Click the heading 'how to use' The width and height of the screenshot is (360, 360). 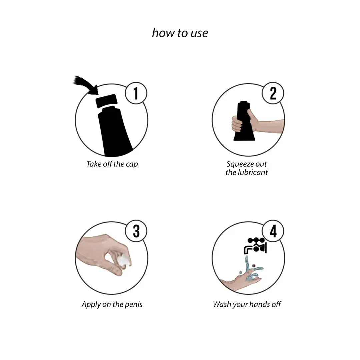click(x=180, y=33)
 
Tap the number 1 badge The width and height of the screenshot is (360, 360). click(x=136, y=93)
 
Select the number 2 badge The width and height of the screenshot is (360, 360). click(x=273, y=93)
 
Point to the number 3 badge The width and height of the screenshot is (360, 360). click(x=136, y=231)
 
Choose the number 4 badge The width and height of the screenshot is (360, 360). click(x=273, y=231)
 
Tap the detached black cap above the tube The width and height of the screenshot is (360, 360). click(x=107, y=101)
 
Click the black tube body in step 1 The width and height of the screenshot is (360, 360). click(x=115, y=132)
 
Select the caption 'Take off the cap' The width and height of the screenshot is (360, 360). click(x=112, y=164)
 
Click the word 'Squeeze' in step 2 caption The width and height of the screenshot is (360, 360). click(x=240, y=164)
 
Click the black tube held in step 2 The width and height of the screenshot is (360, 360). click(x=244, y=121)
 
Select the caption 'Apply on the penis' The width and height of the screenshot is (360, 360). click(x=112, y=304)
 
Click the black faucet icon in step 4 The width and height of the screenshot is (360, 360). click(x=255, y=246)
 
